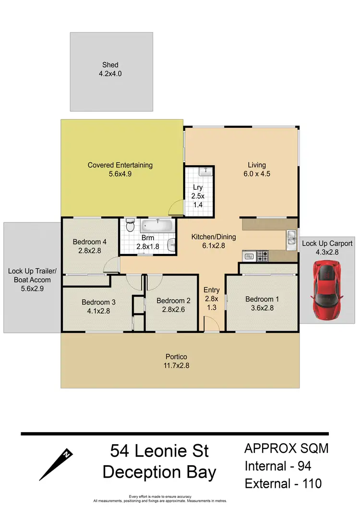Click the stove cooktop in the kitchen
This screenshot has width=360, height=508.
(x=262, y=256)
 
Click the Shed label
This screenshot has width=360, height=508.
(x=110, y=65)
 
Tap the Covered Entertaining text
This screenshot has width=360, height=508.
(x=120, y=165)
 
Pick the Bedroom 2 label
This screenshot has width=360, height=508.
(x=174, y=301)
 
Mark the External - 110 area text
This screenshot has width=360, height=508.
(x=283, y=483)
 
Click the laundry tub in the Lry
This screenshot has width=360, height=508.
(x=204, y=170)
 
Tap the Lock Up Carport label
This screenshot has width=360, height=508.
(x=327, y=243)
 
